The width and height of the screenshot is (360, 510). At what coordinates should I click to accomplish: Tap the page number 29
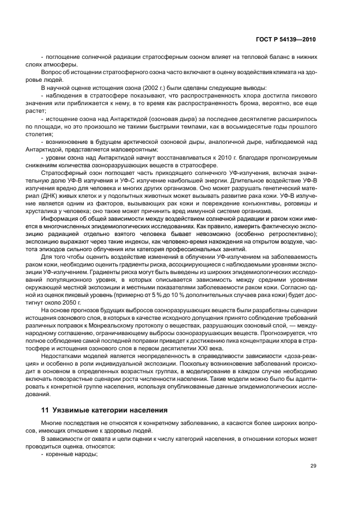313,465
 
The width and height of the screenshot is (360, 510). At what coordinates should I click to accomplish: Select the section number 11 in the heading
45,409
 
